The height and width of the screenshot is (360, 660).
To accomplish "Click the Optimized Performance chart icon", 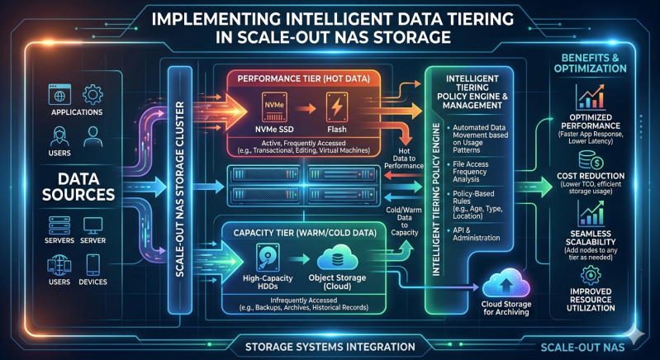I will (x=589, y=99).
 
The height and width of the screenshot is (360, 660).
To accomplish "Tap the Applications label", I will (x=76, y=111).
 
